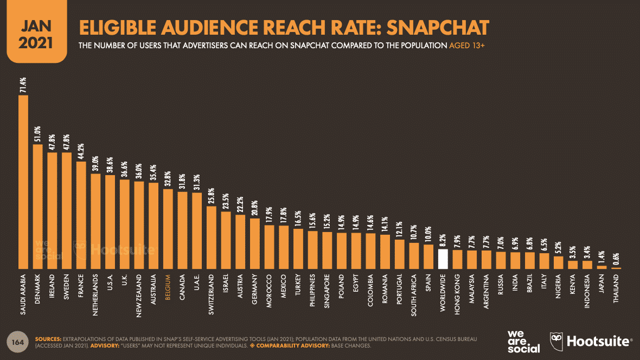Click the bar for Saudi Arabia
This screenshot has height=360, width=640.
23,182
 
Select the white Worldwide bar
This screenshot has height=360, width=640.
443,259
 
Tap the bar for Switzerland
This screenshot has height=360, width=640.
212,237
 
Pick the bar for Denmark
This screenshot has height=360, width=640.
37,207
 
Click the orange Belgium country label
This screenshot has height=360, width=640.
168,287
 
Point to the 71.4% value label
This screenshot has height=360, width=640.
23,85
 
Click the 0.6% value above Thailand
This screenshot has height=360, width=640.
616,259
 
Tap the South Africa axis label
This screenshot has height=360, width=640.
414,295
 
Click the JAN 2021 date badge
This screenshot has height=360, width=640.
37,32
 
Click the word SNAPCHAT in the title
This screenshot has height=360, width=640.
438,28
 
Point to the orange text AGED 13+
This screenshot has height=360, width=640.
466,46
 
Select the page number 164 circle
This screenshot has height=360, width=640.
17,342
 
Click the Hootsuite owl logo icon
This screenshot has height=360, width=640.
556,342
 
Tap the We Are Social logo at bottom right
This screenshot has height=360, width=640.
524,342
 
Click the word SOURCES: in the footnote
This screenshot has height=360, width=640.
48,339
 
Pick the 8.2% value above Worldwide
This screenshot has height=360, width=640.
443,241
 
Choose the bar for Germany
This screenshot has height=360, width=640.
255,243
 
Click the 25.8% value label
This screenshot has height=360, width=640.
212,196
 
